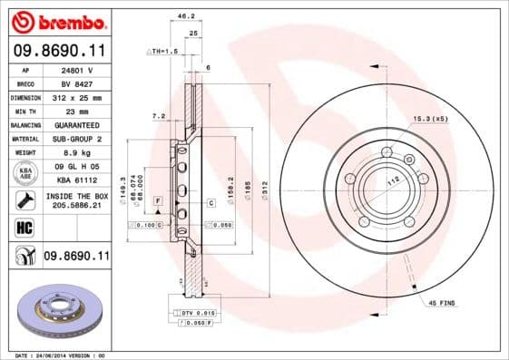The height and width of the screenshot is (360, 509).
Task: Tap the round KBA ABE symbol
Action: click(25, 173)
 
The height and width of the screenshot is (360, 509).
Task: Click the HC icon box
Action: click(25, 228)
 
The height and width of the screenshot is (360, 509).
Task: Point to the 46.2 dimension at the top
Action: click(185, 16)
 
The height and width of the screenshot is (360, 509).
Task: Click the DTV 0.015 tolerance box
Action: click(191, 311)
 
